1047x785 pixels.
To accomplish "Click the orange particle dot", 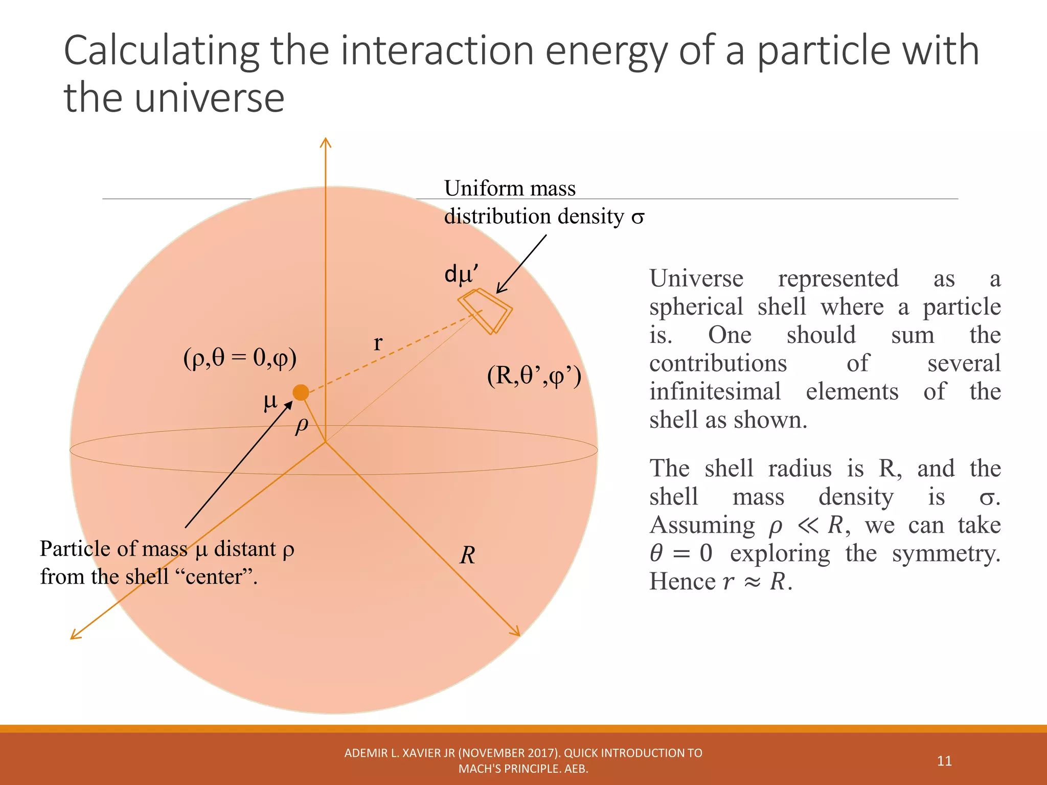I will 301,392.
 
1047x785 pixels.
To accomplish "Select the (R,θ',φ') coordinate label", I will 534,376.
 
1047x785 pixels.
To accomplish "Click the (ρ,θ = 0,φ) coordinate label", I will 240,358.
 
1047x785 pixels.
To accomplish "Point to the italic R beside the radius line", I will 467,555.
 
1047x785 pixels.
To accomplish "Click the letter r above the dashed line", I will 378,342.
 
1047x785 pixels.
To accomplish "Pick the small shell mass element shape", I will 485,311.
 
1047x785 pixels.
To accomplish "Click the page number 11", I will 944,761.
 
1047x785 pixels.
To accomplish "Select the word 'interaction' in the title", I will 437,51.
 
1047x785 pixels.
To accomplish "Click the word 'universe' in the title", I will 210,98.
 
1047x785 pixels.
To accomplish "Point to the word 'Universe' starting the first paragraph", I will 696,279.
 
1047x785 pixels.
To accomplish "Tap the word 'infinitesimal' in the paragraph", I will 715,392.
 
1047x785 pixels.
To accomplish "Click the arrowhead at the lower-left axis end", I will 75,635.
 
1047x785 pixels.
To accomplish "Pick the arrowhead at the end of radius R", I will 516,632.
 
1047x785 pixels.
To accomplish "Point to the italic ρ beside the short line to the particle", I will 302,425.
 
